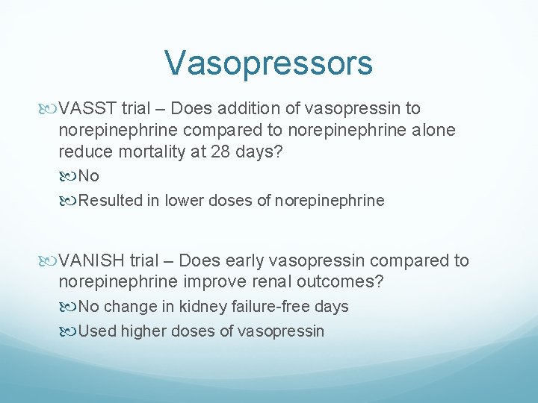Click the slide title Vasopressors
point(268,63)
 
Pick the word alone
point(429,131)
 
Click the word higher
point(146,331)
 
